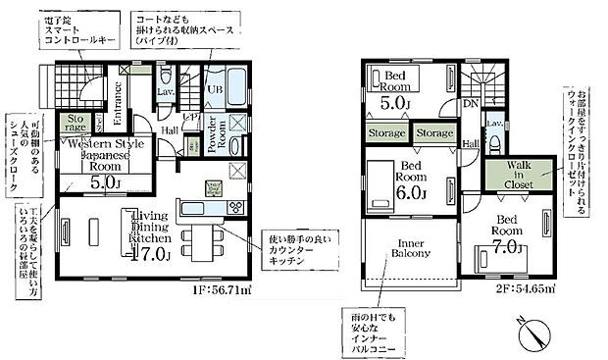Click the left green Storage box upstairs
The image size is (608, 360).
[x=386, y=132]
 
